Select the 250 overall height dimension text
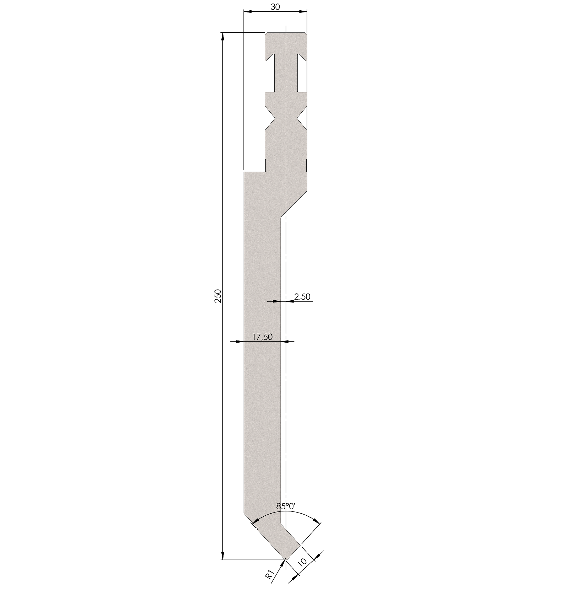tap(218, 296)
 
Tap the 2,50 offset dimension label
tap(302, 296)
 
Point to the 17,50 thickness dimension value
tap(263, 337)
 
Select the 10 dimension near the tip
tap(302, 562)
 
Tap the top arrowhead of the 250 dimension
tap(223, 37)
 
